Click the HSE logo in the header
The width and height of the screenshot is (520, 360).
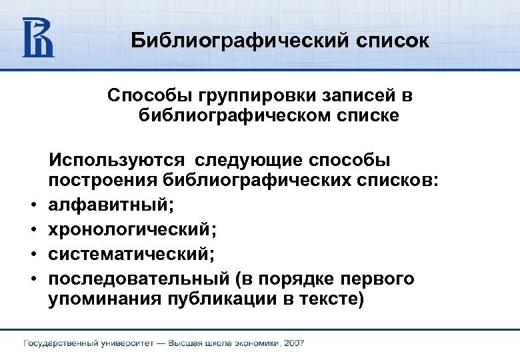click(38, 37)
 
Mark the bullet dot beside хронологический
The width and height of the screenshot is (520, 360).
click(31, 231)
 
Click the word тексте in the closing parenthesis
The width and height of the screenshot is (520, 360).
click(332, 299)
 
